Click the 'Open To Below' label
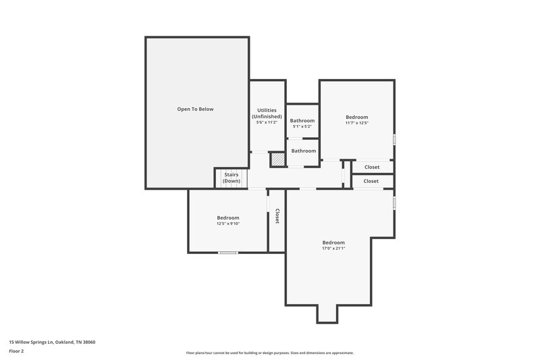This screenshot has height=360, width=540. pos(195,109)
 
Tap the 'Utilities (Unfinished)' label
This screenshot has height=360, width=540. pos(267,113)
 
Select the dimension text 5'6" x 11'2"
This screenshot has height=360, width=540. pos(267,122)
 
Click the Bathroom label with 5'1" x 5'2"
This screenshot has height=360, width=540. pos(302,120)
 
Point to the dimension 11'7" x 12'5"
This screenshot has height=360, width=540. pos(356,122)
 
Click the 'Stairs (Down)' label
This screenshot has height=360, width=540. pos(232,178)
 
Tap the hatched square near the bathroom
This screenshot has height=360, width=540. pos(277,159)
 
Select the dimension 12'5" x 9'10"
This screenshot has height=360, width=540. pos(228,224)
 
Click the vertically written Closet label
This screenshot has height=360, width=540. pos(277,216)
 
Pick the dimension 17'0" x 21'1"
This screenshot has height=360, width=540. pos(333,249)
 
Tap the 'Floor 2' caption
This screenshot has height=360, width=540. pos(17,351)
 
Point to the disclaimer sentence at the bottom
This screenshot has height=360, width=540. pos(270,353)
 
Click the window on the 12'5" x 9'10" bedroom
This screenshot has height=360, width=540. pos(227,253)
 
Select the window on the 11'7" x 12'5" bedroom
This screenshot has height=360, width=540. pos(394,139)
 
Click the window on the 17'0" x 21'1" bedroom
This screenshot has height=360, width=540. pos(394,203)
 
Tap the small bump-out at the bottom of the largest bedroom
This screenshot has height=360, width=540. pos(327,313)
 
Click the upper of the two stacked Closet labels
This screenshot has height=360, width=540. pos(372,167)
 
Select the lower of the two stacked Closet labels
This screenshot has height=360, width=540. pos(371,181)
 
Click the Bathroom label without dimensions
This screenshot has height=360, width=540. pos(304,151)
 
